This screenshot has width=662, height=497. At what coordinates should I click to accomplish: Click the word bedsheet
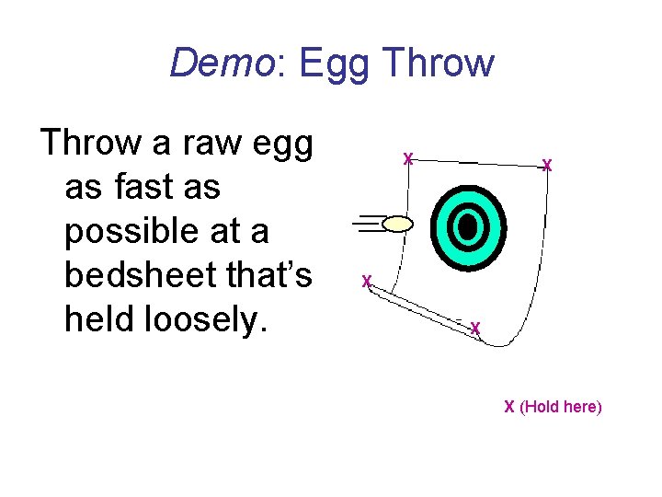[152, 274]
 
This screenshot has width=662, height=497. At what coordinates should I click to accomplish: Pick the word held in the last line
[97, 318]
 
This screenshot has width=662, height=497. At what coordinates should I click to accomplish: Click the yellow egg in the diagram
[397, 223]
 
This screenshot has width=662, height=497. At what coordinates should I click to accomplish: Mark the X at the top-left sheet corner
[408, 158]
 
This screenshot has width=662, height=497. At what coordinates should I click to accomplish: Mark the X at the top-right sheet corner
[547, 166]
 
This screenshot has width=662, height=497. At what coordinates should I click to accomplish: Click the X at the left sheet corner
[366, 282]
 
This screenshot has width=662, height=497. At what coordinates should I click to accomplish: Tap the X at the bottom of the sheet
[475, 328]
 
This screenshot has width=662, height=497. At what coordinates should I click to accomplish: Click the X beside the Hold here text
[508, 407]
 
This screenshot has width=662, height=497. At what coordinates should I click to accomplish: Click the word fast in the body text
[147, 188]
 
